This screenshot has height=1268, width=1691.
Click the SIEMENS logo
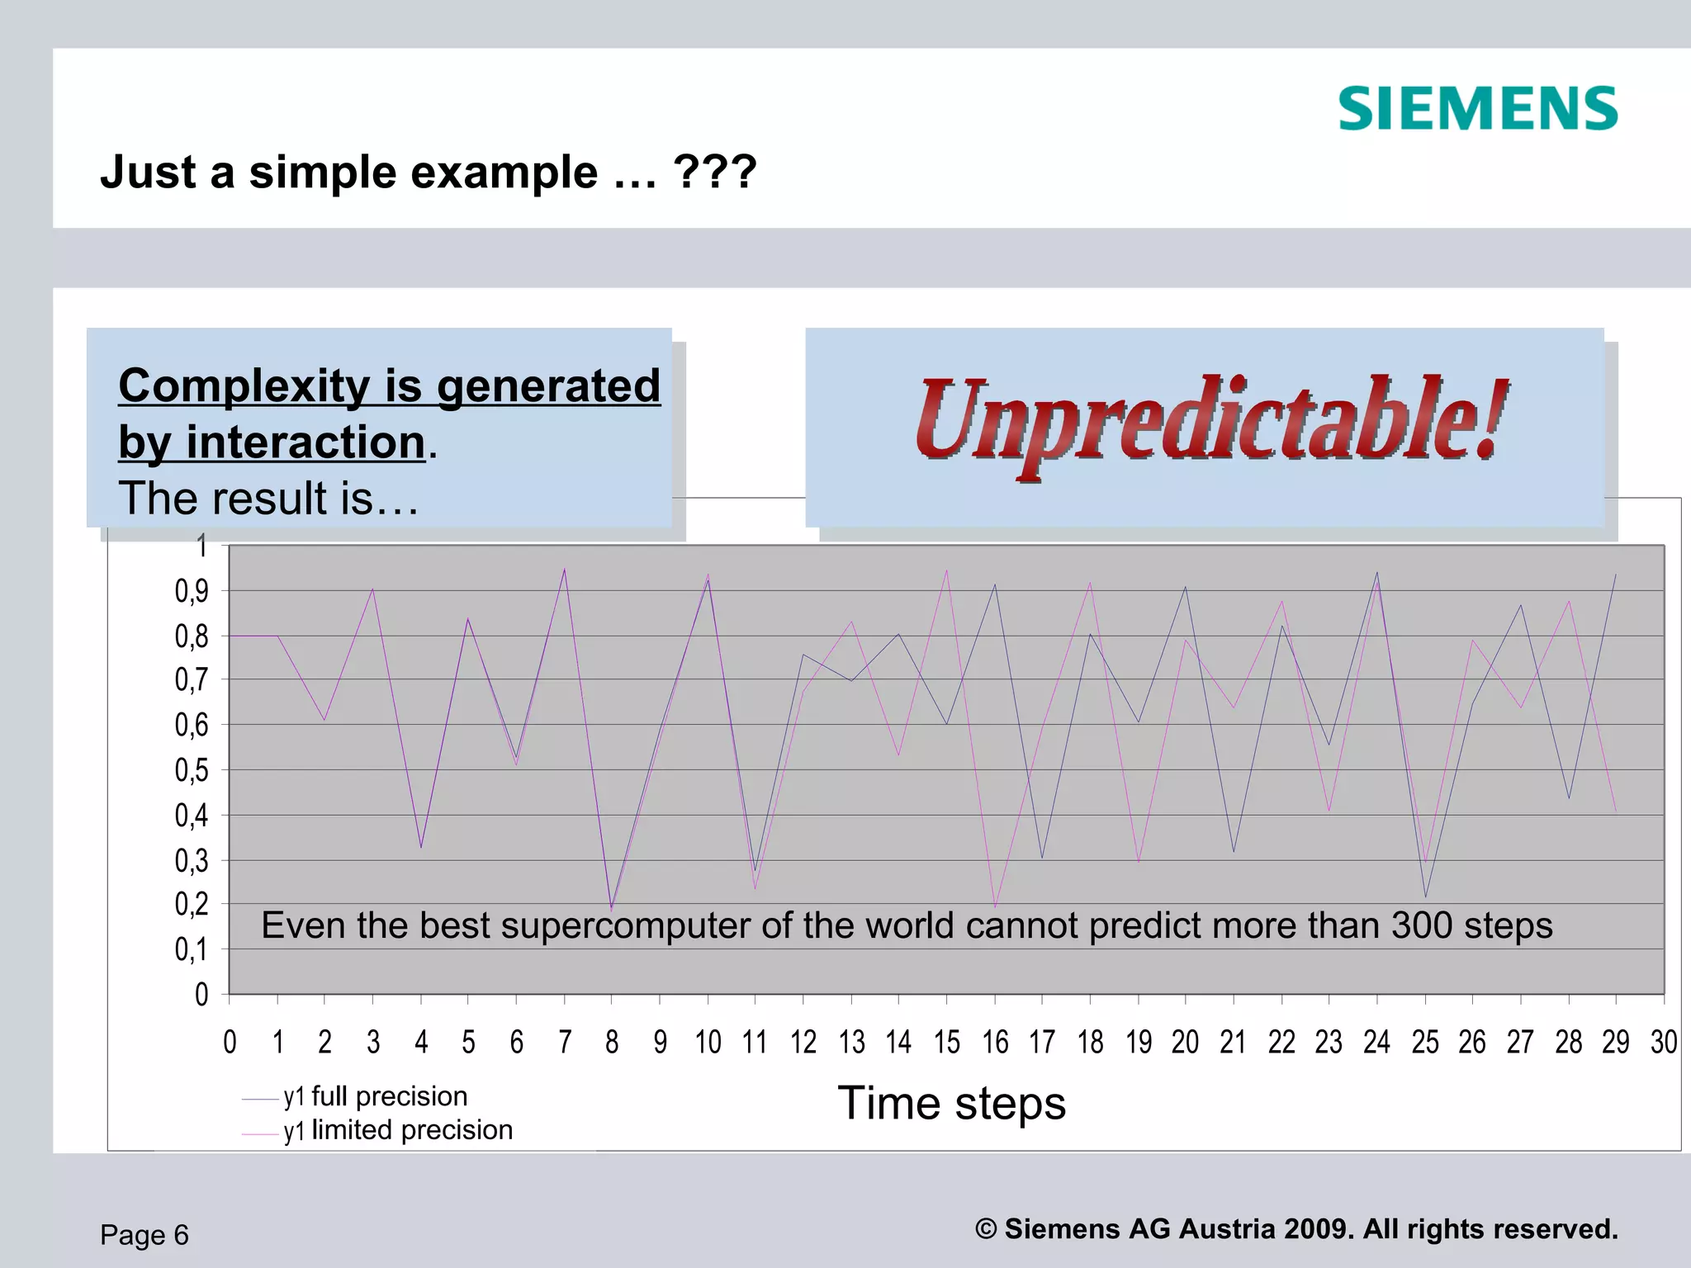[x=1477, y=109]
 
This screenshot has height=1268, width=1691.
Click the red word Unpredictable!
[x=1211, y=422]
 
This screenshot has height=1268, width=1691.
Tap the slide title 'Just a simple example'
[x=427, y=173]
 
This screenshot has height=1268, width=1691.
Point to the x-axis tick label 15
[x=947, y=1043]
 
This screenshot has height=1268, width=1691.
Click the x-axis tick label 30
[x=1663, y=1043]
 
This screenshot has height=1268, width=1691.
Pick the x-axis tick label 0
[x=230, y=1043]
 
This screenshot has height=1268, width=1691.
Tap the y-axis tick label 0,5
[x=192, y=770]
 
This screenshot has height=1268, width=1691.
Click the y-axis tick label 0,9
[x=192, y=591]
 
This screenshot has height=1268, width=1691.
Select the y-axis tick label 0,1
[x=192, y=949]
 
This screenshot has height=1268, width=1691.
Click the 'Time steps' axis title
[x=951, y=1104]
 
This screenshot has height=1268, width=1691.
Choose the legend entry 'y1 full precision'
[x=375, y=1096]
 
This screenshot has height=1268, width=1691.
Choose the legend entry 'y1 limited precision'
[x=397, y=1130]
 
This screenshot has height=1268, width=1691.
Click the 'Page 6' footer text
[x=144, y=1235]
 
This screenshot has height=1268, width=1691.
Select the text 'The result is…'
[x=269, y=499]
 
